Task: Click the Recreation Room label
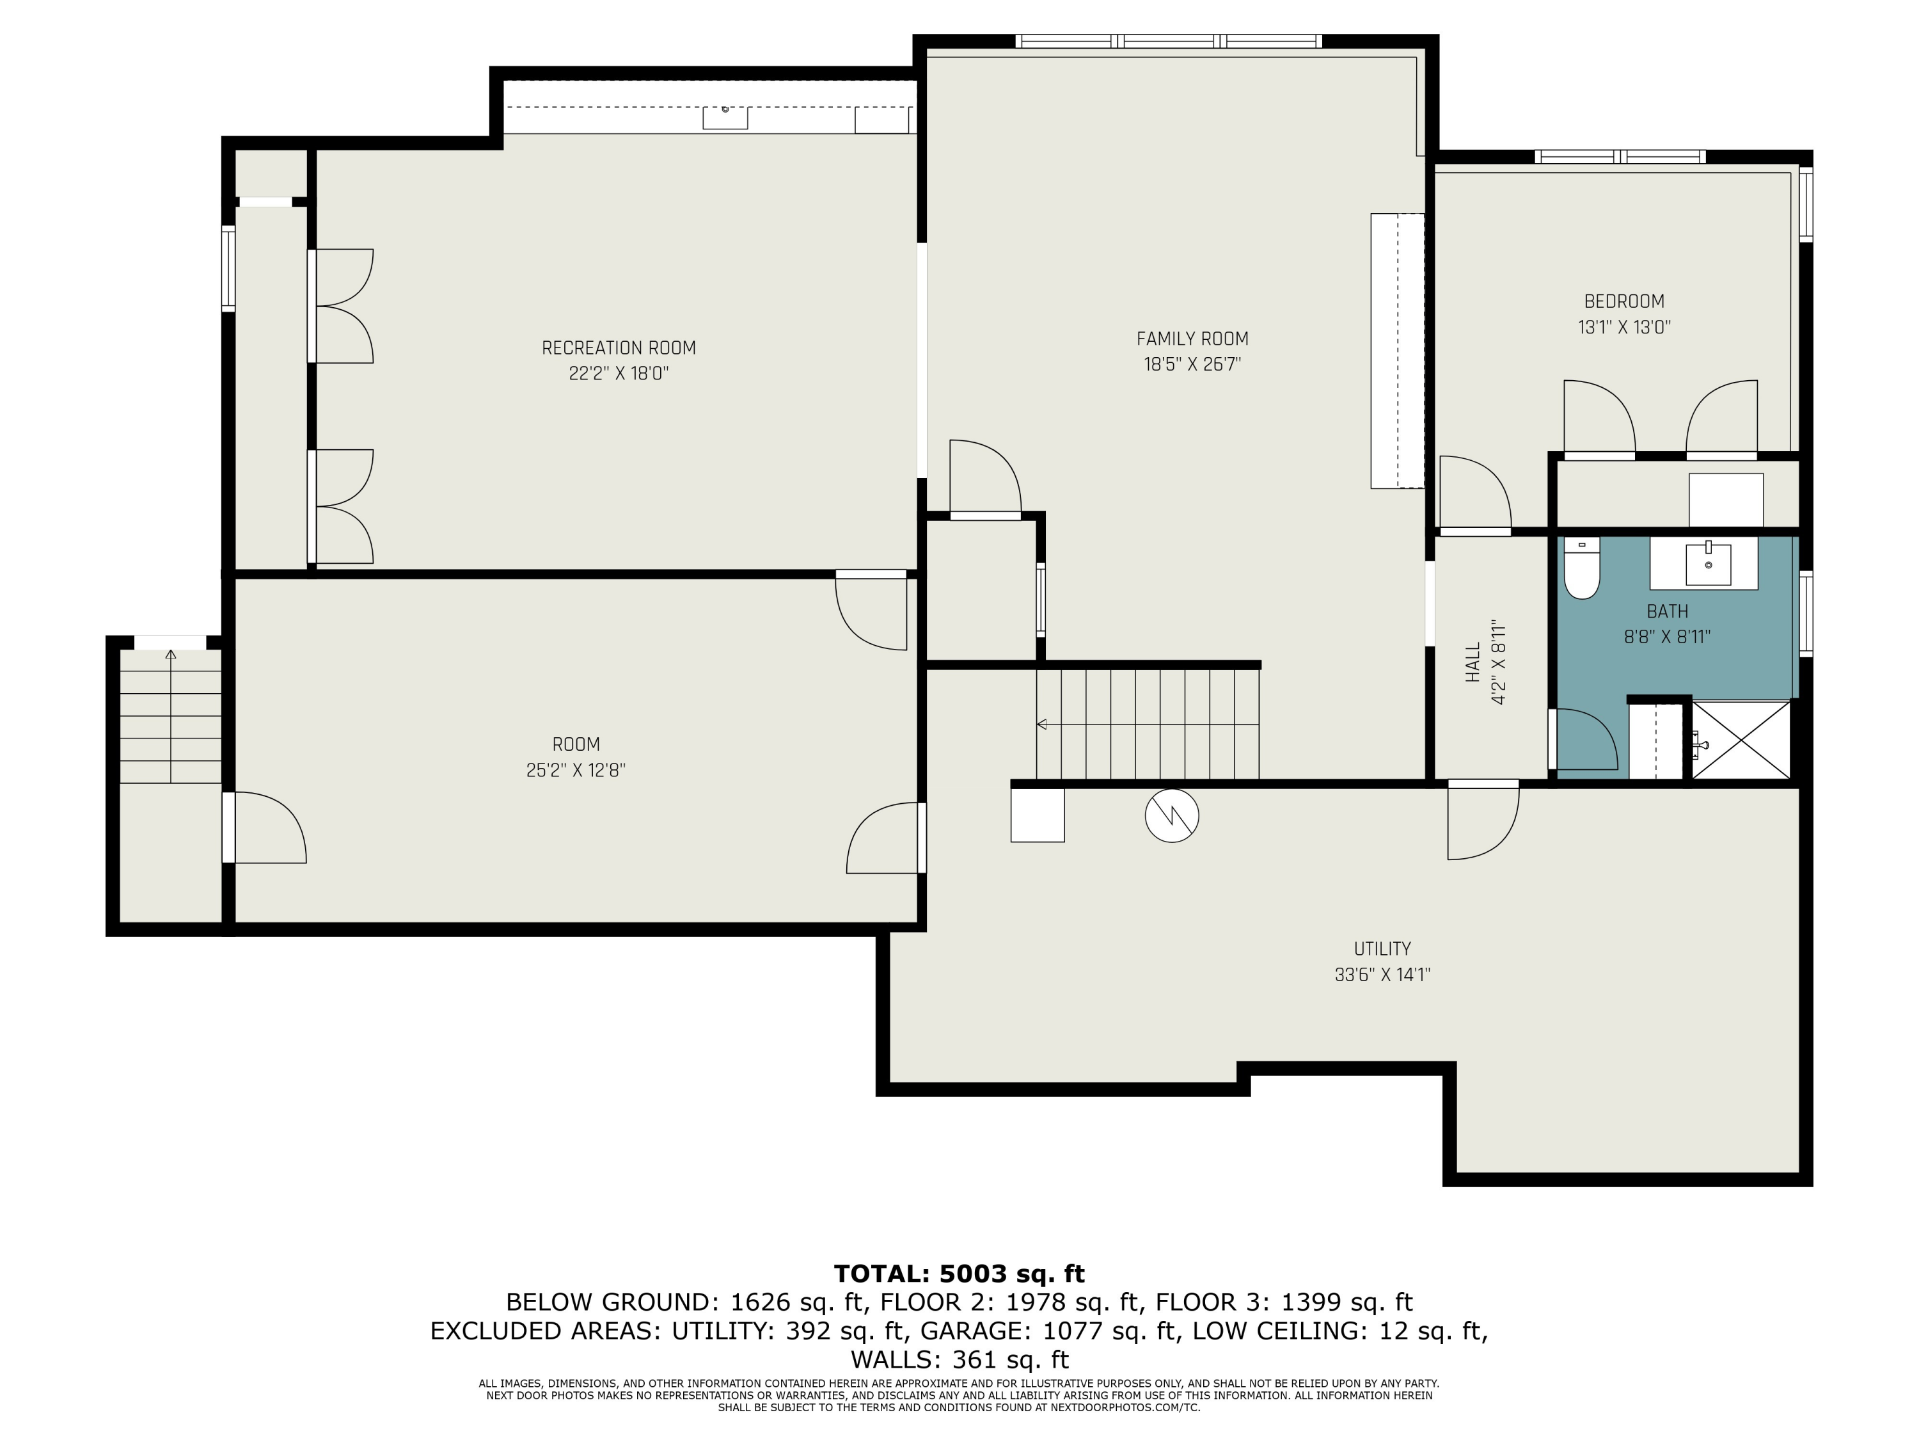click(619, 348)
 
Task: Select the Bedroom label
click(1624, 301)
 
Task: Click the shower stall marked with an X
click(1741, 740)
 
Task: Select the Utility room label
click(1382, 948)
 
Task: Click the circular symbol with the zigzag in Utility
click(1171, 816)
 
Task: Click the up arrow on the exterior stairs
click(171, 655)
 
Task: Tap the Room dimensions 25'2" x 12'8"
click(576, 770)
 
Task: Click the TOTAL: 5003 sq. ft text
click(959, 1274)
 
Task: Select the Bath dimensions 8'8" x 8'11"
click(1666, 637)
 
